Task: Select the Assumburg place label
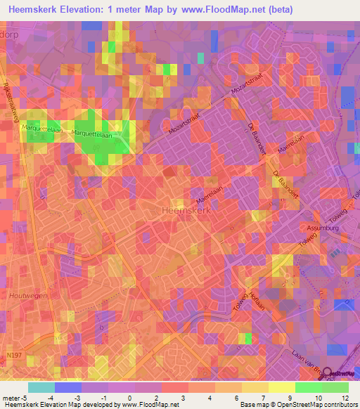point(322,228)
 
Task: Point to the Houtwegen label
point(28,296)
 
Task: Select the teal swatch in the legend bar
point(41,387)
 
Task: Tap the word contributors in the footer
point(339,405)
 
